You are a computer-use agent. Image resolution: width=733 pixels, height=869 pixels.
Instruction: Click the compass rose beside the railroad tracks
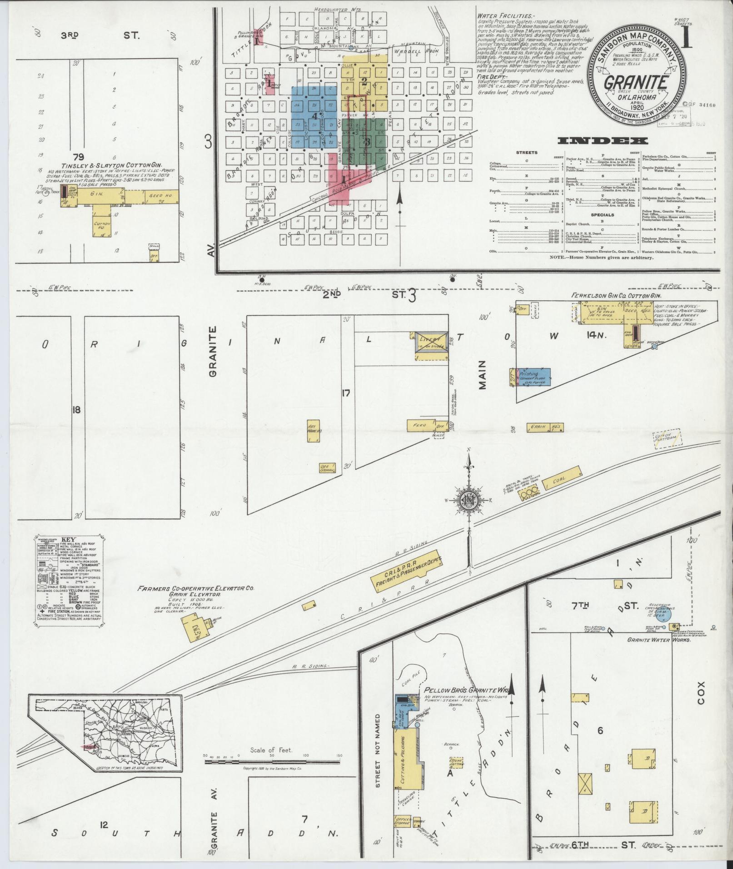[468, 500]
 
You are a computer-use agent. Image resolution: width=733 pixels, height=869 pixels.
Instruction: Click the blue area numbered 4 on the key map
[314, 116]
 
